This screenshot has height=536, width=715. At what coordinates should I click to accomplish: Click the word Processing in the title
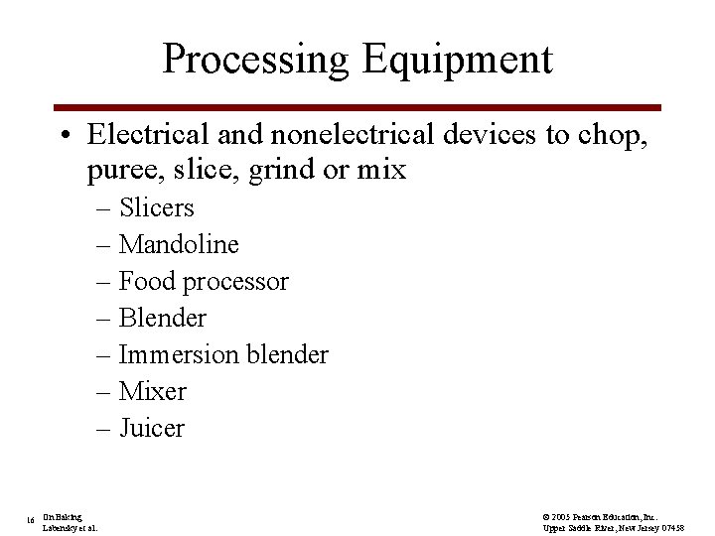(x=256, y=60)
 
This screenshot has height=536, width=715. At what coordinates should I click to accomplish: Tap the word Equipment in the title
(x=457, y=60)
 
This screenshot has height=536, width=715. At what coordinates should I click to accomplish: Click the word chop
(x=613, y=134)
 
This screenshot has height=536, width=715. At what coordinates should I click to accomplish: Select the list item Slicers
(x=156, y=208)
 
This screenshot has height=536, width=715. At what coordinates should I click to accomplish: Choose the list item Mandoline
(x=179, y=244)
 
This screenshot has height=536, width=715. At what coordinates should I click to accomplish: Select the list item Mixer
(x=152, y=391)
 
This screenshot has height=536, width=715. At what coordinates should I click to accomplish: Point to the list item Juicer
(x=151, y=428)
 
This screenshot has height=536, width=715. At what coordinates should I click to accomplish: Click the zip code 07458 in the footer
(x=669, y=527)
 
